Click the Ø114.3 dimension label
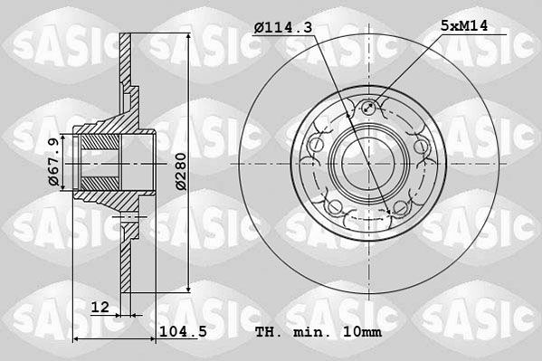[x=282, y=27]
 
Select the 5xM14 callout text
[x=464, y=25]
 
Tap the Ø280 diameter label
[x=181, y=171]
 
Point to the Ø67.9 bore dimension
[x=54, y=162]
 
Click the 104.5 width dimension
[x=183, y=331]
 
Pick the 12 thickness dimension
[x=100, y=307]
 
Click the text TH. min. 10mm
[x=319, y=332]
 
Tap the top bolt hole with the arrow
[x=369, y=108]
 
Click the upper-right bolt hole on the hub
[x=421, y=146]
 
